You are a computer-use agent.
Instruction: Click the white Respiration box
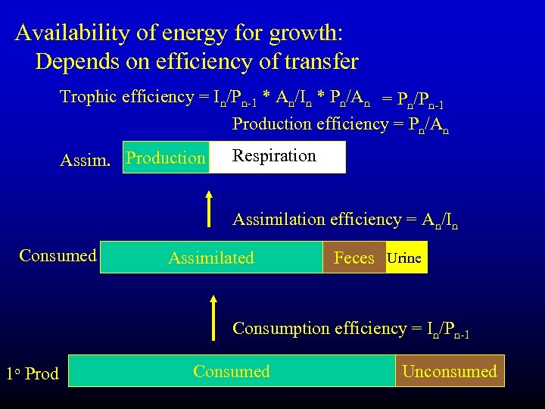277,157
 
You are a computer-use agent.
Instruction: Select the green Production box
166,158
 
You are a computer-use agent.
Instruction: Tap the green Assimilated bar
211,258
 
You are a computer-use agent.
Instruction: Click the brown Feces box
353,258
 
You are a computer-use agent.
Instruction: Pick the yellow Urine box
405,258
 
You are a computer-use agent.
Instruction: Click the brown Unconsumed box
450,371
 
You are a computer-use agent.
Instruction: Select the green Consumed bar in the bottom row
232,371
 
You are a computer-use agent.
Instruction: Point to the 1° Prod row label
33,373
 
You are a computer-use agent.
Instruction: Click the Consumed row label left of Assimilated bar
58,255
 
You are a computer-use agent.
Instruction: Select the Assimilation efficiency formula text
344,220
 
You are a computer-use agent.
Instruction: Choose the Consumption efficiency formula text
350,329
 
